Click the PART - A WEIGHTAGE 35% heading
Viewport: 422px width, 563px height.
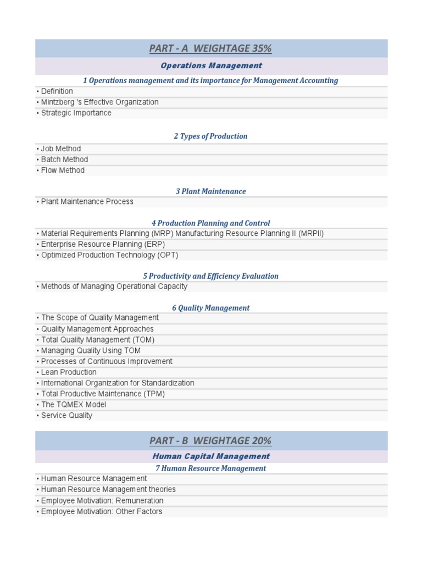tap(210, 48)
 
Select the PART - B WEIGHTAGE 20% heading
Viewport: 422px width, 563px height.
tap(210, 440)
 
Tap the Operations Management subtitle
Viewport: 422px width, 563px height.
tap(211, 66)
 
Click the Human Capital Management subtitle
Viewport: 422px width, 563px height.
tap(211, 456)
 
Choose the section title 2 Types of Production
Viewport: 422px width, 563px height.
tap(211, 136)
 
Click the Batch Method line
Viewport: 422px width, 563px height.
tap(64, 159)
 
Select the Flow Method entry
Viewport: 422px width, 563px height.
tap(63, 170)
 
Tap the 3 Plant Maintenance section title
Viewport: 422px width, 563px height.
tap(211, 191)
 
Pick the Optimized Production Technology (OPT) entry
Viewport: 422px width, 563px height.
tap(109, 255)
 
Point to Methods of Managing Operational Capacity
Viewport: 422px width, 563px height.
tap(114, 286)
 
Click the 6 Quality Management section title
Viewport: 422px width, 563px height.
tap(211, 308)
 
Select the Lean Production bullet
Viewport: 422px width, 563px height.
tap(69, 372)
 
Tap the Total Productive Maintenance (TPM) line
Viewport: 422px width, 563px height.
tap(103, 394)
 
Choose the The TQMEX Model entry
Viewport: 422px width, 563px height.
tap(74, 405)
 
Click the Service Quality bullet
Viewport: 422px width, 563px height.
tap(66, 416)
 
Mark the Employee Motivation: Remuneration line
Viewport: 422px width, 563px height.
tap(102, 501)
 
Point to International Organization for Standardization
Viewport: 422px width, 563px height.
tap(118, 383)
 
